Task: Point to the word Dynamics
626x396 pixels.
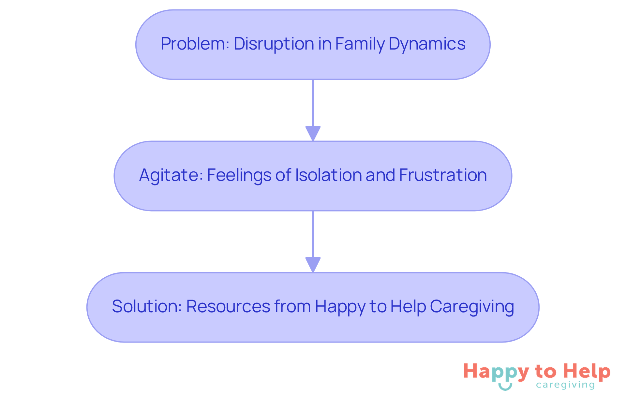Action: tap(427, 44)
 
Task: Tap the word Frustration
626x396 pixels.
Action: tap(443, 175)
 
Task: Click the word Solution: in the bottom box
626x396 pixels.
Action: tap(147, 306)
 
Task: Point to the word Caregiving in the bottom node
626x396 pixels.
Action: tap(472, 306)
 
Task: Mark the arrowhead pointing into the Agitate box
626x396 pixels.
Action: tap(313, 133)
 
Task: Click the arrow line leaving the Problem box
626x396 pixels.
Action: tap(313, 103)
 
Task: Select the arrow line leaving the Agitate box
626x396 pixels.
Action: tap(313, 234)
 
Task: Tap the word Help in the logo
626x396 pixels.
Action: tap(587, 372)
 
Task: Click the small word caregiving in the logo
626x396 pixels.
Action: tap(565, 385)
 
